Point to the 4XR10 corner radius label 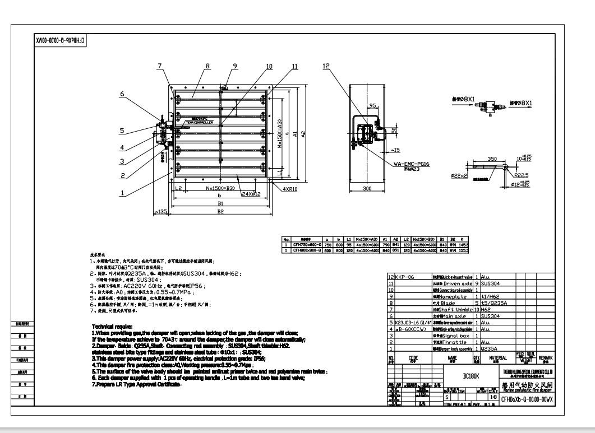pyautogui.click(x=293, y=190)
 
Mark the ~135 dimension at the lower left pyautogui.click(x=162, y=212)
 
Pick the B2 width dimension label pyautogui.click(x=220, y=212)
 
